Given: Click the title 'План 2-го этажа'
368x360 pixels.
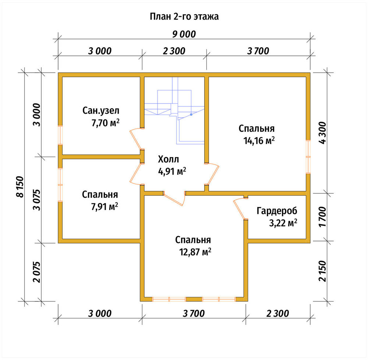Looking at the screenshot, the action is [x=184, y=17].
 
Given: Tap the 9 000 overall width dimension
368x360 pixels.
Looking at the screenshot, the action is [x=184, y=34].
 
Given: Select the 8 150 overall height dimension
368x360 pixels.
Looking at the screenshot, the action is [x=20, y=186].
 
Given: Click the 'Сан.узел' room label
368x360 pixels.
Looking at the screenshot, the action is [x=101, y=111].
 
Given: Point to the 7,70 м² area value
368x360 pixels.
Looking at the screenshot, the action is [x=105, y=123].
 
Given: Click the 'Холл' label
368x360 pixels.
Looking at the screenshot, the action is [x=168, y=159].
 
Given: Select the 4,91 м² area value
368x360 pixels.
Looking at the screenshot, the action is [x=172, y=171].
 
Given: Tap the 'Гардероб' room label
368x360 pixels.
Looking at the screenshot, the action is [x=277, y=211].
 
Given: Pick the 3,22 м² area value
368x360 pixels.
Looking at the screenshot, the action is [x=283, y=223].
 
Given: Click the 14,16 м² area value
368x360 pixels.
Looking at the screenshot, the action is [x=259, y=140].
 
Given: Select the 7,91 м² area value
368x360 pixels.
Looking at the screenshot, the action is [x=105, y=207].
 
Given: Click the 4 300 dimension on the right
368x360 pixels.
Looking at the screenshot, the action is [x=322, y=133].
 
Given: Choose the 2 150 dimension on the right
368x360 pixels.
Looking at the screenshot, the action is [x=322, y=271].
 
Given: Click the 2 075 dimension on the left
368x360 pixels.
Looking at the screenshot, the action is [x=37, y=272].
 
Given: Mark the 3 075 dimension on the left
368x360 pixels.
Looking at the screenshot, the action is [x=37, y=200].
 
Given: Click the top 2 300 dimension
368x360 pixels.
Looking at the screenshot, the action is [x=174, y=51].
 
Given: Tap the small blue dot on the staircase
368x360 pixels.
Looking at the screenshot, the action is [x=191, y=115].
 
